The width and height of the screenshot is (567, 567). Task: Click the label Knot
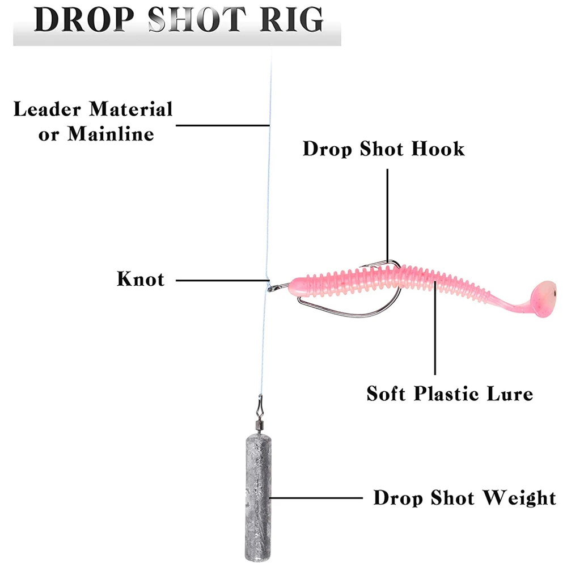pyautogui.click(x=141, y=280)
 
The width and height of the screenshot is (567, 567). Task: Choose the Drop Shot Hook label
pyautogui.click(x=383, y=149)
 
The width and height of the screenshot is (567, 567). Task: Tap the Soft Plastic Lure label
pyautogui.click(x=449, y=393)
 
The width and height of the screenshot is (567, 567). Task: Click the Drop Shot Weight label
pyautogui.click(x=464, y=498)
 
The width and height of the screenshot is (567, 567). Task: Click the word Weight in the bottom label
pyautogui.click(x=519, y=498)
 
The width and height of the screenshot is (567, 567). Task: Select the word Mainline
pyautogui.click(x=111, y=134)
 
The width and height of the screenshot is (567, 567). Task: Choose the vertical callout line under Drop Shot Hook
pyautogui.click(x=388, y=210)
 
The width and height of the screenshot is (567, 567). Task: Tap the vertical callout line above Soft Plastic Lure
pyautogui.click(x=435, y=335)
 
